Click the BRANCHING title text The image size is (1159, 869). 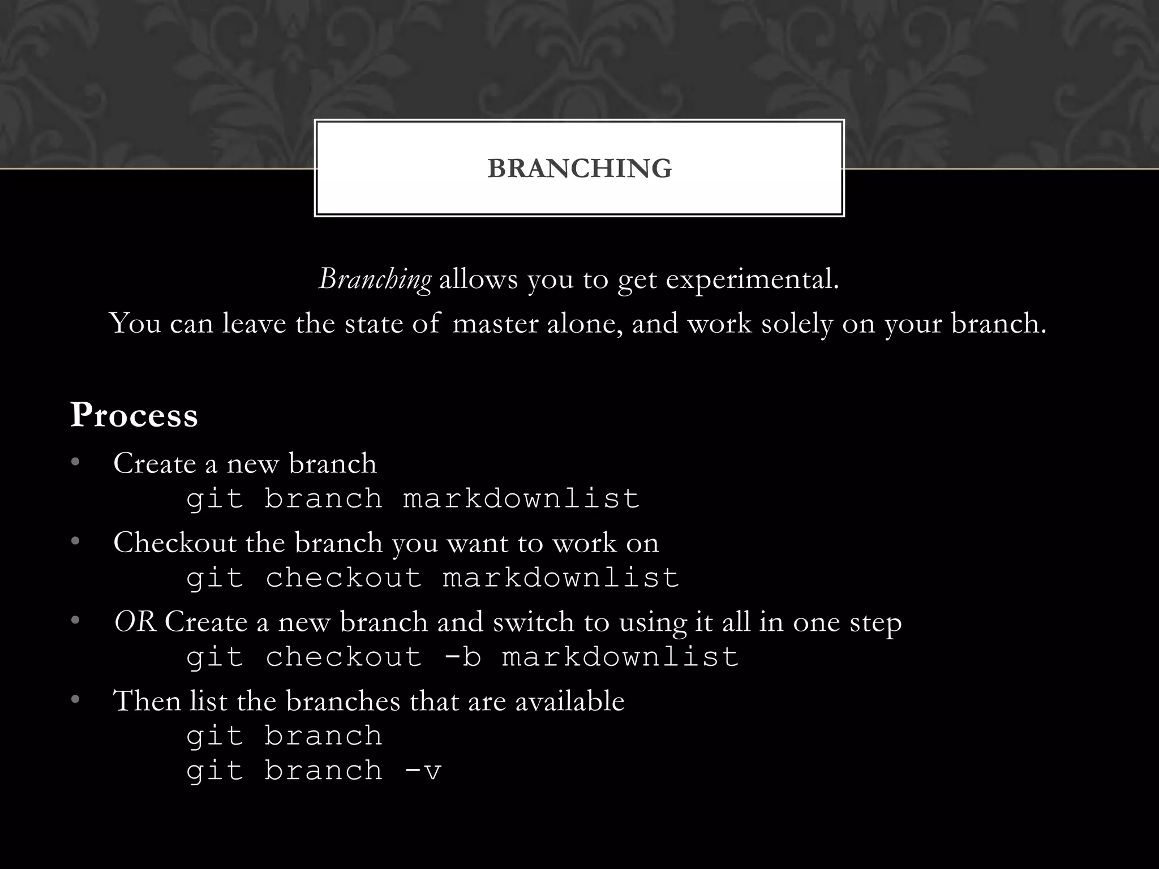(x=579, y=168)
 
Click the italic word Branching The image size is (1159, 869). (x=375, y=279)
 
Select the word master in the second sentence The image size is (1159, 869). (x=495, y=324)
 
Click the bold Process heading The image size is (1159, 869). (x=134, y=415)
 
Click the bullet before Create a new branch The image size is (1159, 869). (x=75, y=463)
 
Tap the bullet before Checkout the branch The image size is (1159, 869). (x=75, y=542)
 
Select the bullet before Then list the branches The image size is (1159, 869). (x=75, y=700)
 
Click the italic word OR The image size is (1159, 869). (x=135, y=622)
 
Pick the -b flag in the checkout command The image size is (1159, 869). (x=462, y=657)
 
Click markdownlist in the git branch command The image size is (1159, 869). (x=521, y=498)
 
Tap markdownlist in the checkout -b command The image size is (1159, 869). (x=620, y=657)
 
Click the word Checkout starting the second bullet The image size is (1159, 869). (x=175, y=542)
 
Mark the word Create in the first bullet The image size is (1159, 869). (x=154, y=463)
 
